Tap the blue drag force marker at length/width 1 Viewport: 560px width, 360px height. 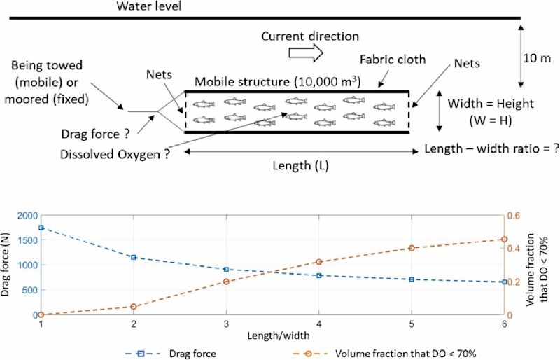click(41, 228)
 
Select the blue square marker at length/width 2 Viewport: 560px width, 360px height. click(134, 257)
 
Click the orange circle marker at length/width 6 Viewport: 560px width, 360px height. click(503, 240)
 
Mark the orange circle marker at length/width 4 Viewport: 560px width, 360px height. click(318, 262)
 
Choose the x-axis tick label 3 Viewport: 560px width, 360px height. click(226, 326)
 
